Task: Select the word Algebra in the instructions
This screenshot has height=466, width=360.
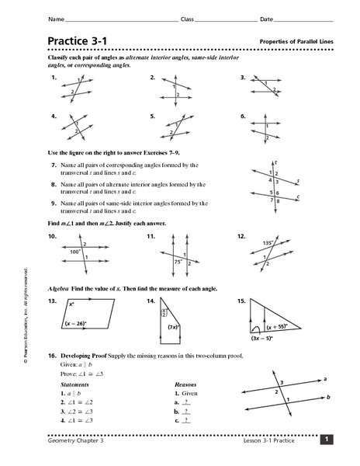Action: [59, 289]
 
